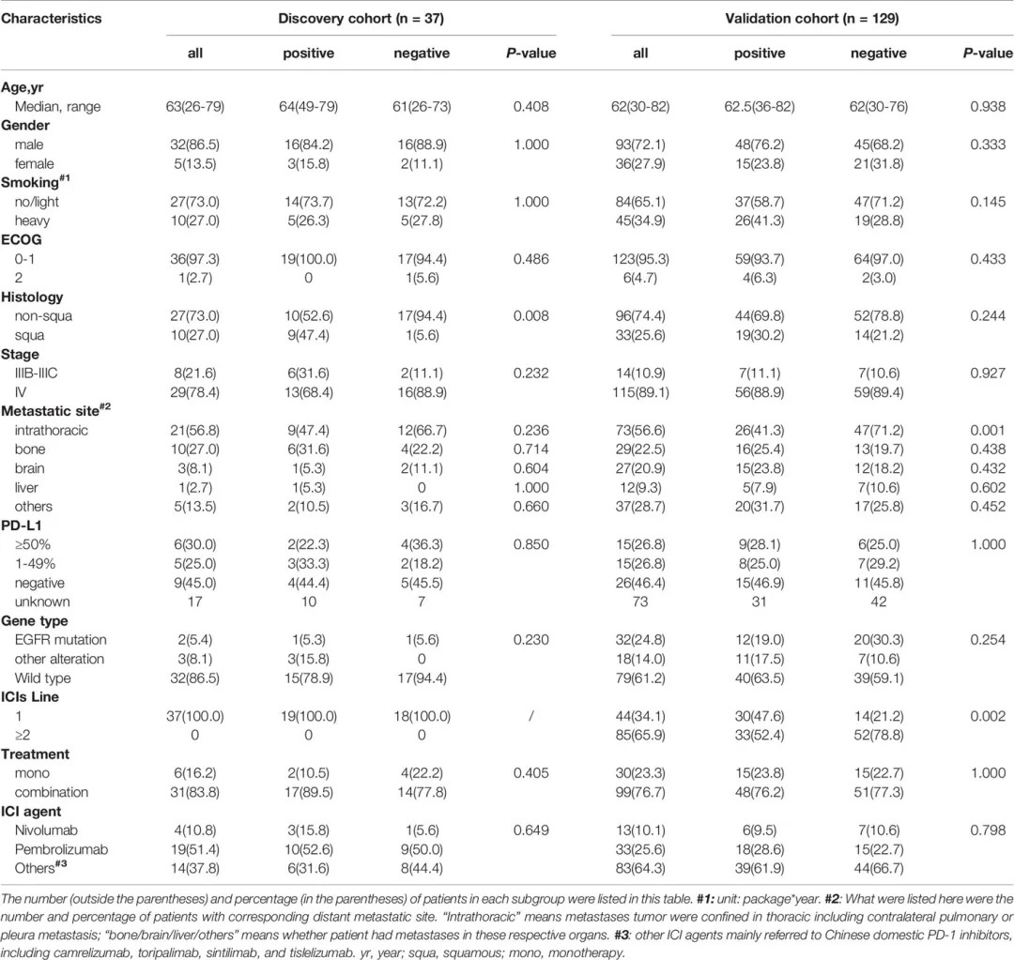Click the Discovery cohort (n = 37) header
[x=361, y=18]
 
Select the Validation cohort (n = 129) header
[x=811, y=18]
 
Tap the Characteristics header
[x=51, y=18]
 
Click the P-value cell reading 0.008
[x=530, y=316]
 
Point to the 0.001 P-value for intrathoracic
[x=988, y=431]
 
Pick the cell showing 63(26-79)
[x=194, y=106]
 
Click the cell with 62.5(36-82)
[x=760, y=106]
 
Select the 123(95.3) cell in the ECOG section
[x=640, y=259]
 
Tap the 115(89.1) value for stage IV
[x=640, y=392]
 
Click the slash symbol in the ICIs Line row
[x=530, y=716]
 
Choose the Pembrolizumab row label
[x=61, y=849]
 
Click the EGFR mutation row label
[x=60, y=640]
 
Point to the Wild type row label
[x=42, y=678]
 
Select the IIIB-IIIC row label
[x=36, y=373]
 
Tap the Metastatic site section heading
[x=55, y=410]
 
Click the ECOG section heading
[x=22, y=240]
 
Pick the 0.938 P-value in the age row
[x=988, y=106]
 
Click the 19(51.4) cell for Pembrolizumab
[x=194, y=849]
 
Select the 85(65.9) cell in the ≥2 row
[x=640, y=735]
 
